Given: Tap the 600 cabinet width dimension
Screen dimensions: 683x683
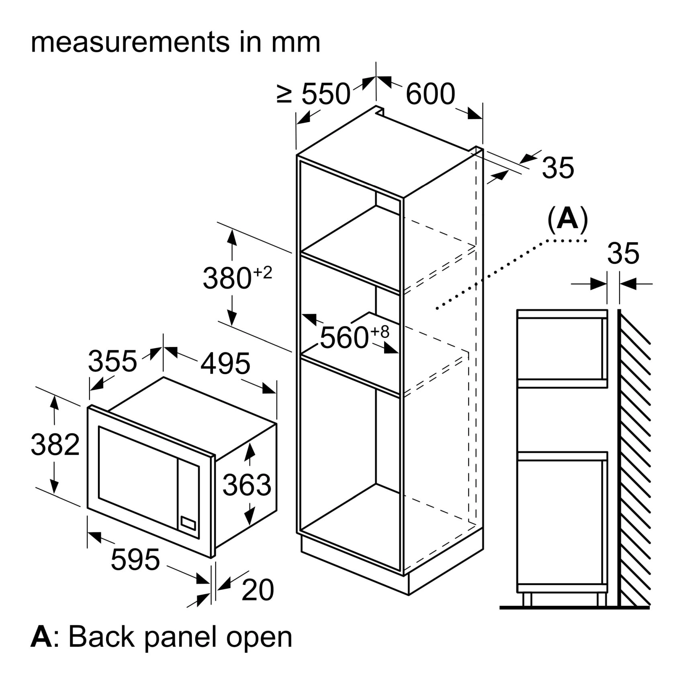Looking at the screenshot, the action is [x=430, y=94].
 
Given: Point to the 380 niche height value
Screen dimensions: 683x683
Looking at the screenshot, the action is [x=227, y=278].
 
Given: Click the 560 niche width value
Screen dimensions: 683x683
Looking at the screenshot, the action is [x=344, y=337].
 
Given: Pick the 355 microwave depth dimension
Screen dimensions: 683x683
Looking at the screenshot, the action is [x=112, y=361].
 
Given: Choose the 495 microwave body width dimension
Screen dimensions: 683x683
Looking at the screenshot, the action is [x=225, y=364].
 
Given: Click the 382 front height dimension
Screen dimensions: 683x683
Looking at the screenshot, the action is [x=55, y=444].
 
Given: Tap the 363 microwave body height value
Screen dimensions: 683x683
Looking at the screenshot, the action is [x=247, y=485].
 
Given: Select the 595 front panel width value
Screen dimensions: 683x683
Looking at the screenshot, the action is [x=135, y=559].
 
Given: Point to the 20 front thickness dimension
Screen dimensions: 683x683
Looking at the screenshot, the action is [x=258, y=590].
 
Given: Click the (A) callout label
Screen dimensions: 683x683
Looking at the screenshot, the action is [x=568, y=219].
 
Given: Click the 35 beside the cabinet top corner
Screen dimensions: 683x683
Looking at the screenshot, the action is [x=558, y=168].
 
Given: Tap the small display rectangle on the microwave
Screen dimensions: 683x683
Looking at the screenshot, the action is [x=188, y=523].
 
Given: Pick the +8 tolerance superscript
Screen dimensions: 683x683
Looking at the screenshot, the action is [x=380, y=332].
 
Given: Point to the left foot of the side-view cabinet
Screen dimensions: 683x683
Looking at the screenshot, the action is [x=527, y=599].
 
